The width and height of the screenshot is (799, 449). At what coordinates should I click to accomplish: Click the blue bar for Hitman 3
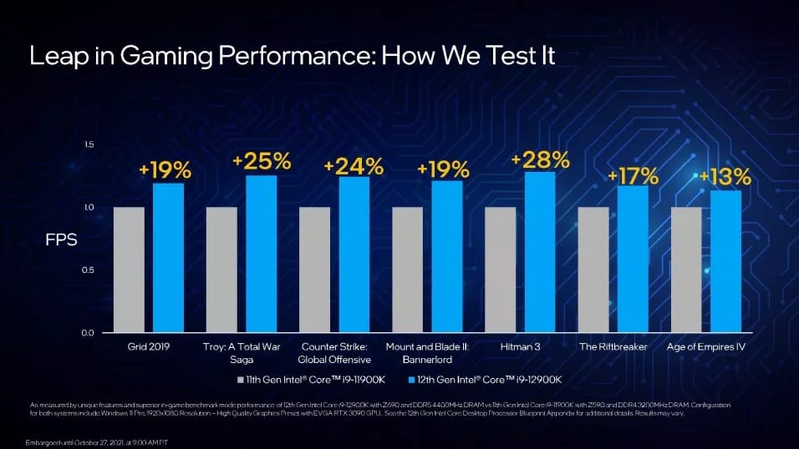click(540, 252)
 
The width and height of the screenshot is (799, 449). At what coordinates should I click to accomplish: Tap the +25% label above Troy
click(262, 161)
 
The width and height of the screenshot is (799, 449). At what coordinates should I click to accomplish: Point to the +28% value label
click(540, 159)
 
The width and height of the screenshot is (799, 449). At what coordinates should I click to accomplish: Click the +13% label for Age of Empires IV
click(725, 177)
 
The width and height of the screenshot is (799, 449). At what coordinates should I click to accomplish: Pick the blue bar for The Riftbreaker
click(633, 259)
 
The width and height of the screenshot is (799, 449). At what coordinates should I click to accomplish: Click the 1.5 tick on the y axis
click(88, 145)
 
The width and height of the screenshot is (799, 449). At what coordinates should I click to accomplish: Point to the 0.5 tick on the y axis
click(88, 270)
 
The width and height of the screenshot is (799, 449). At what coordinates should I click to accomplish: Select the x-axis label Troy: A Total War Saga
click(242, 352)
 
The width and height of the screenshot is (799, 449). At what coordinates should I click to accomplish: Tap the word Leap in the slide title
click(56, 56)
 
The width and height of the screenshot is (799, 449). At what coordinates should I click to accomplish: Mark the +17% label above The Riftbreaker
click(633, 176)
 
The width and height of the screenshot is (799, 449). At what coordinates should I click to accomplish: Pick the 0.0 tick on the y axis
click(88, 333)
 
